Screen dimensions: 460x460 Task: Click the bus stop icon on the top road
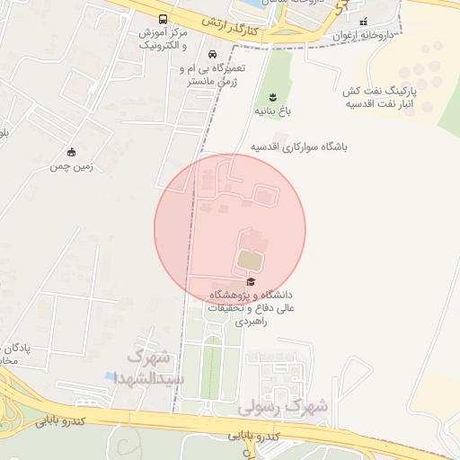(x=163, y=19)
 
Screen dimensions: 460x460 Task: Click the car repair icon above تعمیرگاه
(x=212, y=54)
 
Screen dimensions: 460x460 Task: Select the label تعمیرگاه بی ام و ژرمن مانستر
(x=211, y=75)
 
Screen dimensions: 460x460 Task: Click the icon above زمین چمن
(x=72, y=152)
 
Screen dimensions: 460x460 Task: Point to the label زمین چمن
(x=71, y=166)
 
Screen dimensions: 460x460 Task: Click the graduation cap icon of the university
(x=250, y=282)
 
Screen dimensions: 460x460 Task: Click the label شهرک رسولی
(x=284, y=407)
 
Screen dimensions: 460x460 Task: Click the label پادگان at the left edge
(x=16, y=348)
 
